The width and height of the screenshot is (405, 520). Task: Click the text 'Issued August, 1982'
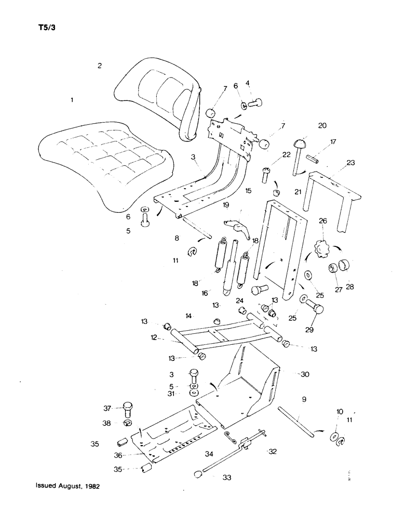tap(67, 487)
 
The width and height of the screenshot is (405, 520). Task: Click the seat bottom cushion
tap(104, 166)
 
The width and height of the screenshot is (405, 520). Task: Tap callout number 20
tap(322, 125)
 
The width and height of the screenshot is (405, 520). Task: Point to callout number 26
tap(323, 220)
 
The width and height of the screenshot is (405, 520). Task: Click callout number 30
tap(305, 374)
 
